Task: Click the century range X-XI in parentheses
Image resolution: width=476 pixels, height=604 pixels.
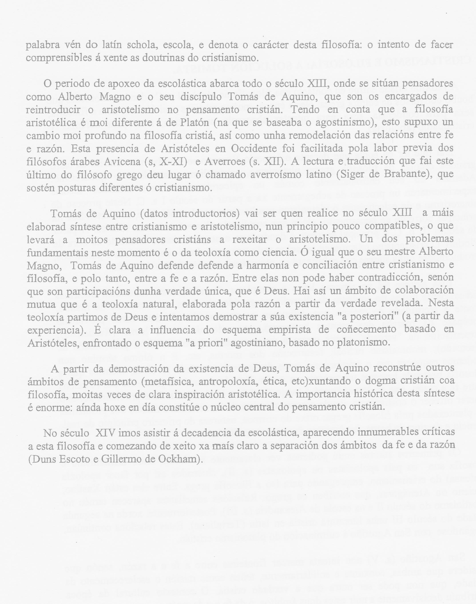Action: (x=170, y=161)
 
